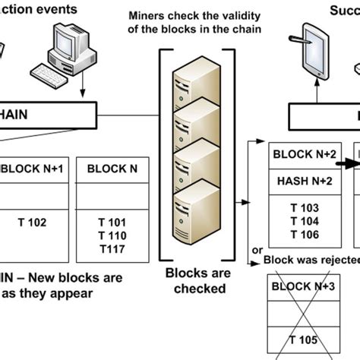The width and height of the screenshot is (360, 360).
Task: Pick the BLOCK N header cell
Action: (x=108, y=168)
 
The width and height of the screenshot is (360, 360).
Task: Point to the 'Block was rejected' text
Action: (x=311, y=261)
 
